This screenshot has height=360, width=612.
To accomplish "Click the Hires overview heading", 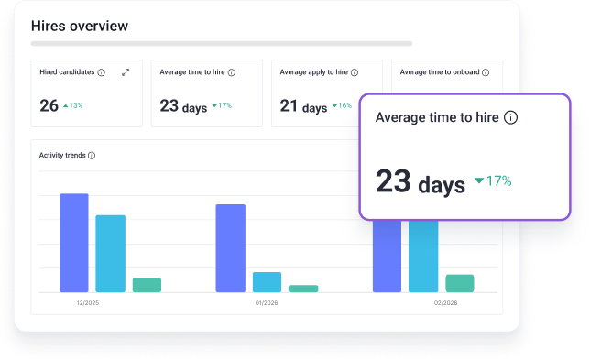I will point(80,26).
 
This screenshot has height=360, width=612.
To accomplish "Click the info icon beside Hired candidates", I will point(101,72).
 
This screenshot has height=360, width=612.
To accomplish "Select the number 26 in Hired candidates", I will point(49,105).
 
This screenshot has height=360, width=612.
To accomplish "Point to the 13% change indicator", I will point(73,106).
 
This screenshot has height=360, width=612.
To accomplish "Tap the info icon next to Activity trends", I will point(92,156).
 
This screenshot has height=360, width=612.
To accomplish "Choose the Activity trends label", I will point(62,156).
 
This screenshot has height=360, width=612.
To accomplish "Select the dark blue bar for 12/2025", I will point(74,243).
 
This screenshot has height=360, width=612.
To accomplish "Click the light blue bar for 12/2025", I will point(110,253).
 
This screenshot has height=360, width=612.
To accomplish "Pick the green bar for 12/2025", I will point(147,285).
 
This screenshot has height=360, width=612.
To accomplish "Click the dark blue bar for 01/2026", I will point(230,247).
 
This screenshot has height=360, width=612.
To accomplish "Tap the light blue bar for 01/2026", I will point(267,282).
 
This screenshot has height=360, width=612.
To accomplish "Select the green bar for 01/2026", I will point(303,289).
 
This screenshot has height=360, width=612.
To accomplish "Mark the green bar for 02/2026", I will point(459,283).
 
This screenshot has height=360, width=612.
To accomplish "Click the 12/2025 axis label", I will point(89,301).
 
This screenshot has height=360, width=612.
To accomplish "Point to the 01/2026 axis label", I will point(267,301).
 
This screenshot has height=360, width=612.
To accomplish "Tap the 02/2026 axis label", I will point(445,301).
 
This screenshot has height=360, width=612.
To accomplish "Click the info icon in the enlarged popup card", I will point(511,117).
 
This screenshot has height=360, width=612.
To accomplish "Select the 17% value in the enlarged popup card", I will point(494,180).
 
